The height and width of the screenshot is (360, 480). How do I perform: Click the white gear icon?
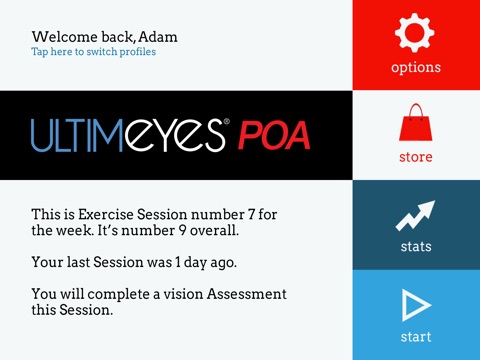click(x=415, y=33)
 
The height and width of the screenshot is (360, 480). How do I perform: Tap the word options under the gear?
click(x=416, y=68)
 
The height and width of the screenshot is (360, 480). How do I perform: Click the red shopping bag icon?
click(x=416, y=122)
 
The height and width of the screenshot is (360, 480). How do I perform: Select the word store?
click(x=416, y=157)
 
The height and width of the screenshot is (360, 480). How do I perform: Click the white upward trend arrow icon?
click(x=415, y=216)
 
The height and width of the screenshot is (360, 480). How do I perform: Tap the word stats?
click(x=416, y=247)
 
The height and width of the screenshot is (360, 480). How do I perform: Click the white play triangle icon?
click(x=416, y=305)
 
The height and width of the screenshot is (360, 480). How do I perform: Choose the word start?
click(x=416, y=337)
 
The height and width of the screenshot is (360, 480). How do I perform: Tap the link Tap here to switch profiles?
click(x=94, y=52)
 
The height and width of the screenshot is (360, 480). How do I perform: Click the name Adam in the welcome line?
click(x=158, y=37)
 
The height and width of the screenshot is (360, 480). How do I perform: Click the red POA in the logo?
click(x=274, y=135)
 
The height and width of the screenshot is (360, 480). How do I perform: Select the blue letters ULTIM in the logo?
click(x=77, y=135)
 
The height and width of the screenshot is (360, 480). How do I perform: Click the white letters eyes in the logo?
click(x=175, y=137)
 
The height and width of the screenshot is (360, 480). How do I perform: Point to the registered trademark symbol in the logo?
click(x=227, y=122)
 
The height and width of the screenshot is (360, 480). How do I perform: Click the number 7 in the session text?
click(x=251, y=215)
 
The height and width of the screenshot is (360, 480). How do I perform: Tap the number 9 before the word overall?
click(x=182, y=231)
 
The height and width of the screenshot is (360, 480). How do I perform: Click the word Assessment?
click(x=247, y=294)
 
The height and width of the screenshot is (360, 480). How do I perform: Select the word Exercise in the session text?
click(x=106, y=215)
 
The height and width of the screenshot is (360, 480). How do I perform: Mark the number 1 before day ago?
click(x=178, y=262)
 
